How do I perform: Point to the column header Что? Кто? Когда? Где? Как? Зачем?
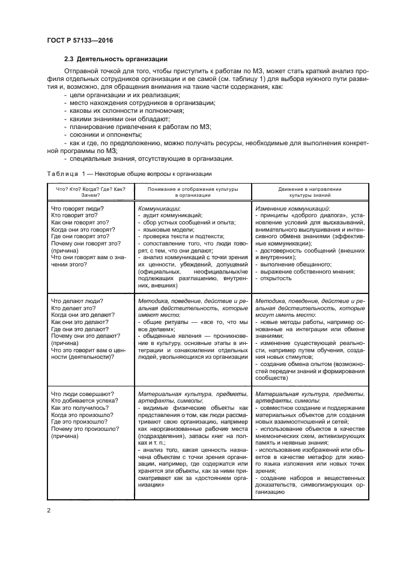point(90,192)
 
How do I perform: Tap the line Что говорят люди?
point(77,208)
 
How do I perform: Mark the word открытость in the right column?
point(277,278)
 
